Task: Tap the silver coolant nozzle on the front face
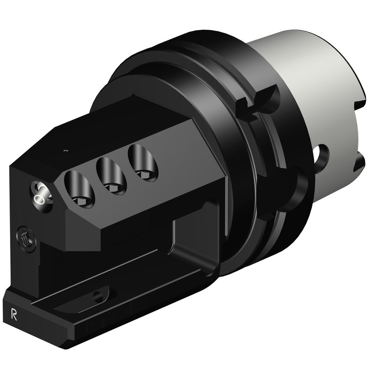click(41, 193)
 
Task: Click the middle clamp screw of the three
click(111, 175)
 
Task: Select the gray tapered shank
click(306, 87)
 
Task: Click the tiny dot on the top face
click(66, 151)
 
